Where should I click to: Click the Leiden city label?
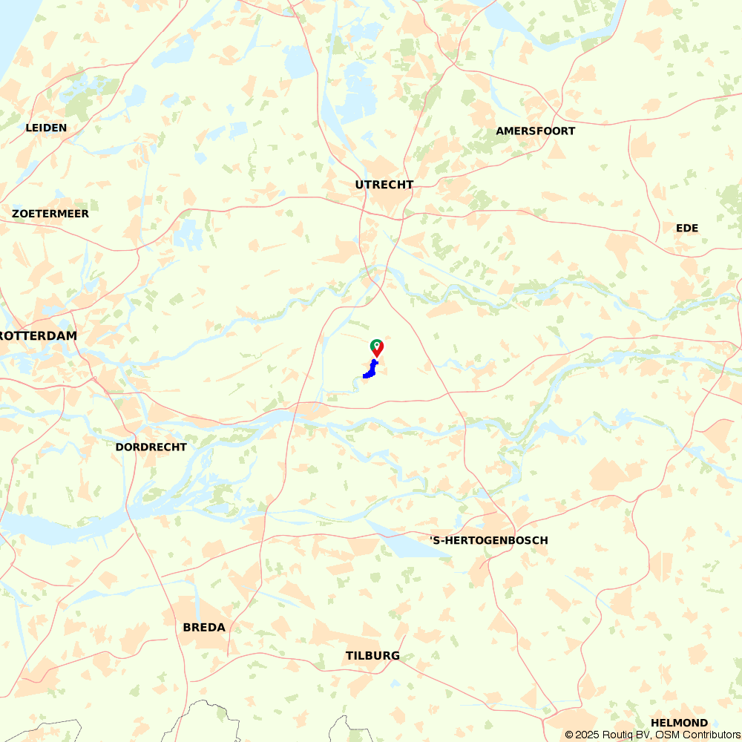tap(46, 128)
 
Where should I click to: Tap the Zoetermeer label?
tap(50, 214)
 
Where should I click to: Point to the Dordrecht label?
tap(151, 447)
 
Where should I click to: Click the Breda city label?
tap(204, 628)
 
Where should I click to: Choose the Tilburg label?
tap(372, 656)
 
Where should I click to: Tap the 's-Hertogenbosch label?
tap(489, 540)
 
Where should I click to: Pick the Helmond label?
tap(679, 723)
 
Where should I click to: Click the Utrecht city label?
tap(384, 185)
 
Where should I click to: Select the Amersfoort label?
tap(536, 131)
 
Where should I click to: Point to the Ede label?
tap(687, 228)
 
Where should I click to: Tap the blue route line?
tap(370, 372)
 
